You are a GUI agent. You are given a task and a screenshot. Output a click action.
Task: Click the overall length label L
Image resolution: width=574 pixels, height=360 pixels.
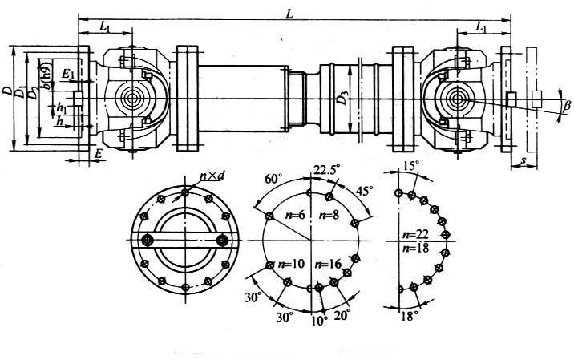(289, 10)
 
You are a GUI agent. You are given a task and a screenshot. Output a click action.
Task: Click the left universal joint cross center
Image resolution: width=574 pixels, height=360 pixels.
(131, 99)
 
